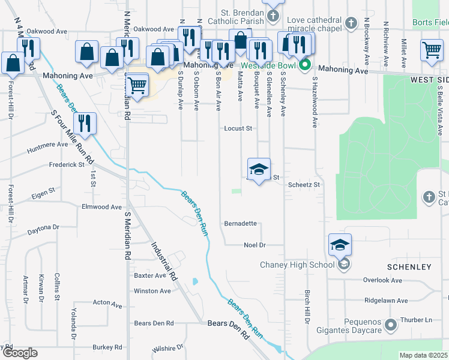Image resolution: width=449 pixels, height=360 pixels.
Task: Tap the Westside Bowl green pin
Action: [x=305, y=65]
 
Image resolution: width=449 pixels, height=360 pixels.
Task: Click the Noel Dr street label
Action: [x=255, y=245]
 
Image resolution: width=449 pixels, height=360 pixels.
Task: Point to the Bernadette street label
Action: [x=241, y=224]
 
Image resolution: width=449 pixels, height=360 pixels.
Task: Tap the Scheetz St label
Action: [x=304, y=185]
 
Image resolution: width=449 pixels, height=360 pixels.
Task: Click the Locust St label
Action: [x=238, y=128]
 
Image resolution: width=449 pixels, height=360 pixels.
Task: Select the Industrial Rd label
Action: [x=163, y=262]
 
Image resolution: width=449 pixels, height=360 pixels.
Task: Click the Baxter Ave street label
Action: [x=149, y=276]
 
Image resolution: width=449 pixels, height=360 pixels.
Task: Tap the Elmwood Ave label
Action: [x=101, y=207]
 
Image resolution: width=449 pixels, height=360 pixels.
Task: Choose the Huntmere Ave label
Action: [x=47, y=145]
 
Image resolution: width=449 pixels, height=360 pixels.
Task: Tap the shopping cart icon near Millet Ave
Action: [x=432, y=52]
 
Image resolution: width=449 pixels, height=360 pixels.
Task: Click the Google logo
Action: [x=19, y=353]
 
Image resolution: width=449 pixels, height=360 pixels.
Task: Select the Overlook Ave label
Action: [x=382, y=280]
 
